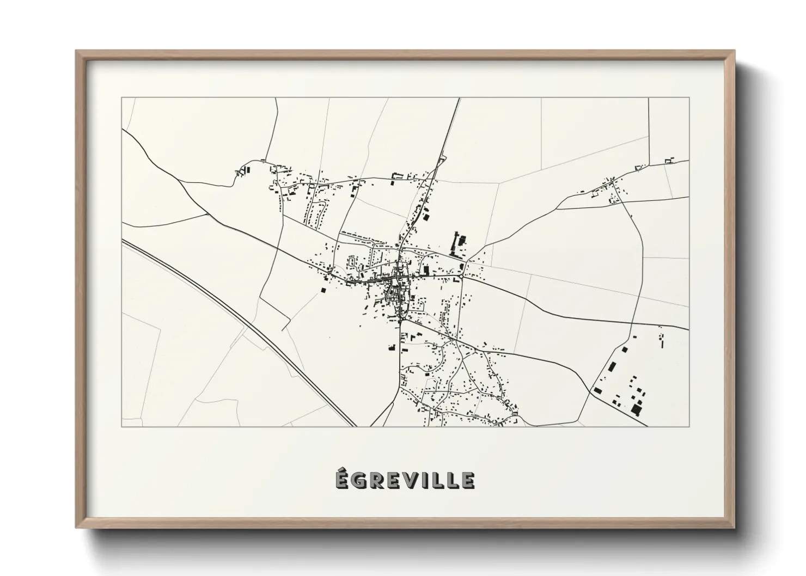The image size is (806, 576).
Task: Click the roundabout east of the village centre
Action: (461, 277)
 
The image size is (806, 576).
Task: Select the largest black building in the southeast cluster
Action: (636, 408)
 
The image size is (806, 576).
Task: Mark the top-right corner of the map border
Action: (689, 97)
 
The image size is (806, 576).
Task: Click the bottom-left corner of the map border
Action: (122, 426)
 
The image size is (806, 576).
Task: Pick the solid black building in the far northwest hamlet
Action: (248, 170)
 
